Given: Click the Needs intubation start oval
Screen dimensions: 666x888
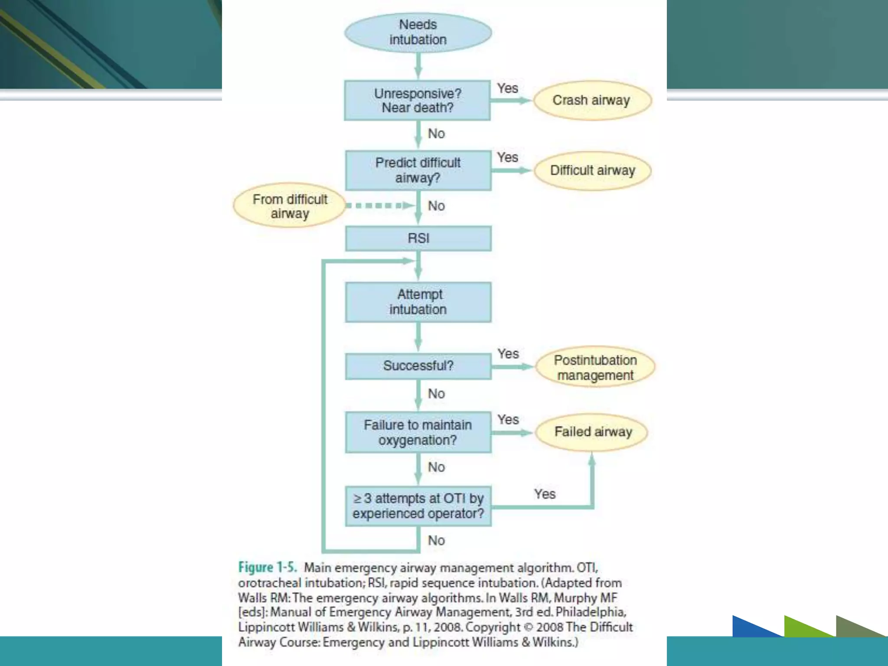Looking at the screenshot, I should click(x=418, y=33).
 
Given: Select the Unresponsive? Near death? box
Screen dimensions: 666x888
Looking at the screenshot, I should click(x=417, y=101).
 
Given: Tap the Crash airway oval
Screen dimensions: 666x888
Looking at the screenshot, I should click(x=592, y=101).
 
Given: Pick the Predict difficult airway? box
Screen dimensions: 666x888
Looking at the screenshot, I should click(x=418, y=170).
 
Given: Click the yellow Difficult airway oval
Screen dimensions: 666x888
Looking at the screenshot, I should click(x=592, y=170).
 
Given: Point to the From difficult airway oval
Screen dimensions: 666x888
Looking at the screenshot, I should click(x=290, y=206).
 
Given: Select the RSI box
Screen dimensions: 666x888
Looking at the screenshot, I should click(x=418, y=238).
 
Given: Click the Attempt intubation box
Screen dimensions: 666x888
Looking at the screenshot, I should click(x=418, y=302).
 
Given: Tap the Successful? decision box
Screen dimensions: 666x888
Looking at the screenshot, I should click(x=418, y=366).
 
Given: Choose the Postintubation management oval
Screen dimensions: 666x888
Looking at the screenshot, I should click(x=595, y=367).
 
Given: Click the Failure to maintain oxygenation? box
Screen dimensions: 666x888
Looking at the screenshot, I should click(x=418, y=432).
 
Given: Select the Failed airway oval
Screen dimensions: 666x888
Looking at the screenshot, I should click(x=592, y=432).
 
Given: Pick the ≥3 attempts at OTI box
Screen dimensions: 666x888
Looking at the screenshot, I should click(x=418, y=506).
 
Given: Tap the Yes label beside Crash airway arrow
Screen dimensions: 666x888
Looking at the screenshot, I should click(x=507, y=88).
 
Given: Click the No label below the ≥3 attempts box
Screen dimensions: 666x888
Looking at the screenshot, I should click(x=436, y=541).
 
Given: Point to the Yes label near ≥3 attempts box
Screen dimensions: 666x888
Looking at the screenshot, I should click(x=545, y=494).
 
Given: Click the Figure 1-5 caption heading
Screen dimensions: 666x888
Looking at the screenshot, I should click(x=268, y=568).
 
